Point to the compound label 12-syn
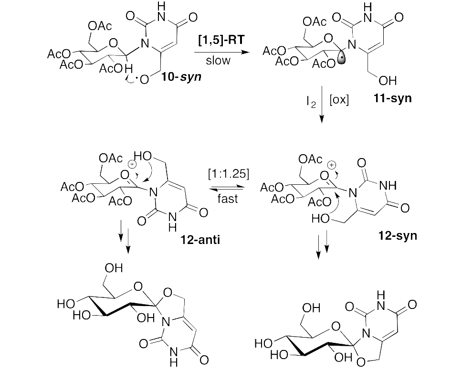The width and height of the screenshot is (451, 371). coord(398,235)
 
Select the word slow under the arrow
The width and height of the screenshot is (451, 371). coord(218,61)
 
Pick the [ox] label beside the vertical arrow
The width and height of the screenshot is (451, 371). coord(339,101)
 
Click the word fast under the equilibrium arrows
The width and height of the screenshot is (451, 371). coord(227,198)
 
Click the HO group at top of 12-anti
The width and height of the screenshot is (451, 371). coord(144,157)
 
